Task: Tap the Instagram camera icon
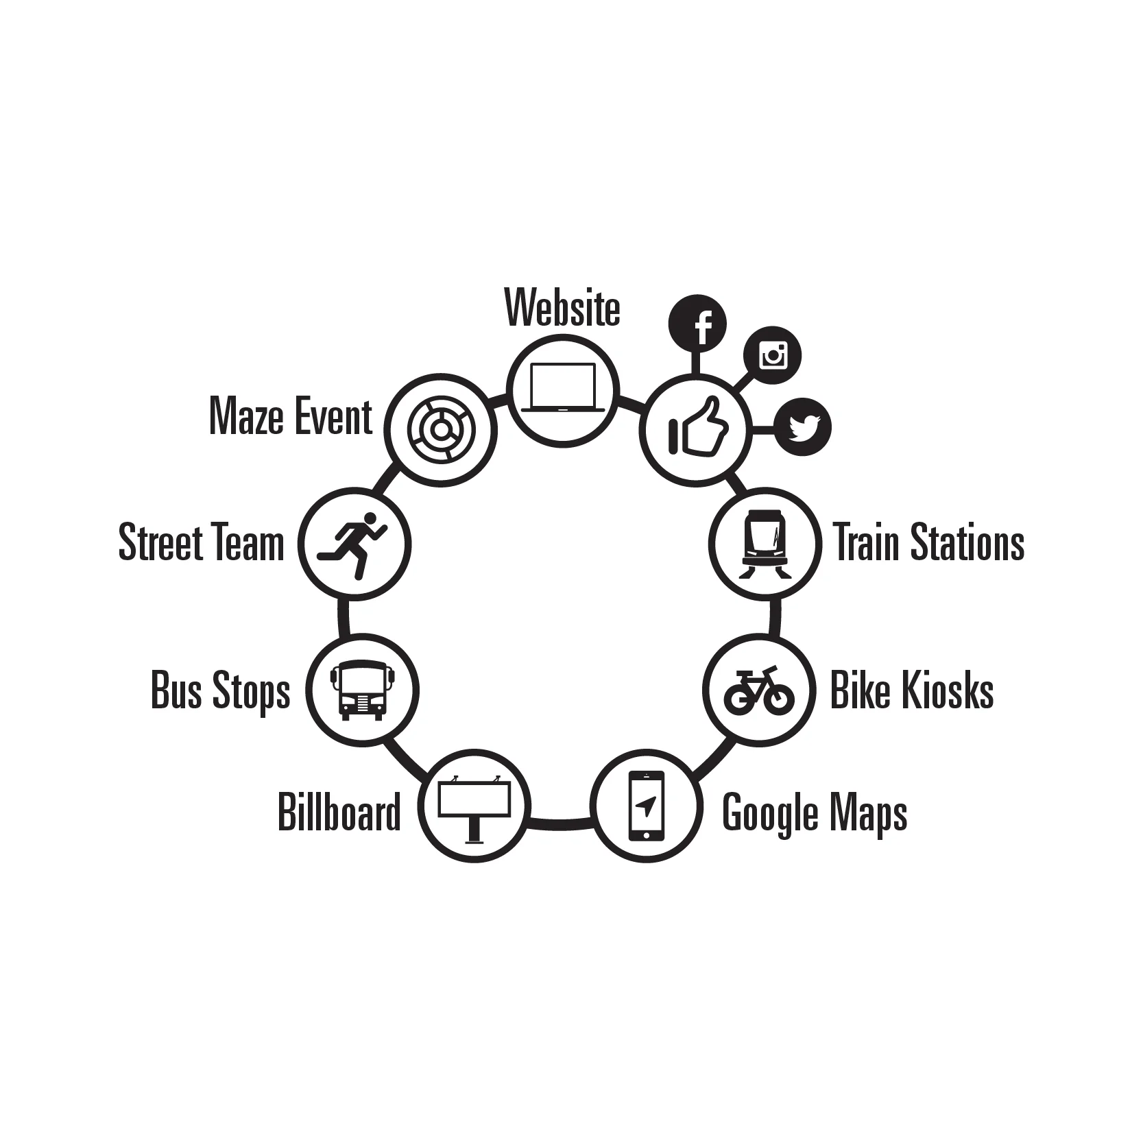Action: click(x=772, y=355)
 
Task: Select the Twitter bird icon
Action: click(x=803, y=427)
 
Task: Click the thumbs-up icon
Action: click(x=697, y=429)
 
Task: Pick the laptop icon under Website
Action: click(x=562, y=389)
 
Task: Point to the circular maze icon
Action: click(x=440, y=429)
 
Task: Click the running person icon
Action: click(x=354, y=544)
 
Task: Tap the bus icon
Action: click(x=362, y=690)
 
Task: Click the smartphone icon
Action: click(x=646, y=806)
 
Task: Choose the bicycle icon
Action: click(x=759, y=690)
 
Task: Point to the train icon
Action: click(x=765, y=544)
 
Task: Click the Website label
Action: click(x=562, y=308)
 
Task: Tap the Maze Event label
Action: click(x=291, y=416)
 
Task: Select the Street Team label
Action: click(x=201, y=542)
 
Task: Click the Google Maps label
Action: click(x=815, y=813)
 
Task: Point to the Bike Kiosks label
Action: click(x=912, y=690)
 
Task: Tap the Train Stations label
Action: click(x=929, y=542)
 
